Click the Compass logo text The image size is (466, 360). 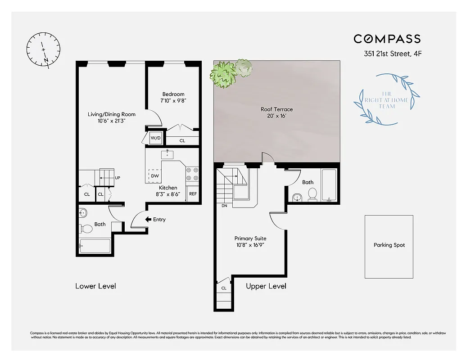tap(387, 39)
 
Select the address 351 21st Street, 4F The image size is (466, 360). tap(392, 54)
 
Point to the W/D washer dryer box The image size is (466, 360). tap(156, 138)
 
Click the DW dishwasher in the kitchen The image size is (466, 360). tap(154, 175)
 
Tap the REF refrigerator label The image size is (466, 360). tap(193, 194)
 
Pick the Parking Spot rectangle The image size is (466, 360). tap(389, 247)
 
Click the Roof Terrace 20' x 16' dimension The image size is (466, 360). tap(276, 116)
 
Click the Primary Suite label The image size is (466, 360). tap(250, 238)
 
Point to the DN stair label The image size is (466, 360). tap(224, 206)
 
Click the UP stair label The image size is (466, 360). tap(118, 178)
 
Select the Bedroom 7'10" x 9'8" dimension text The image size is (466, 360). tap(173, 101)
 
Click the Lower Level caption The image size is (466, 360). tap(95, 286)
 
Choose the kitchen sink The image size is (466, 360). tap(167, 154)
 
